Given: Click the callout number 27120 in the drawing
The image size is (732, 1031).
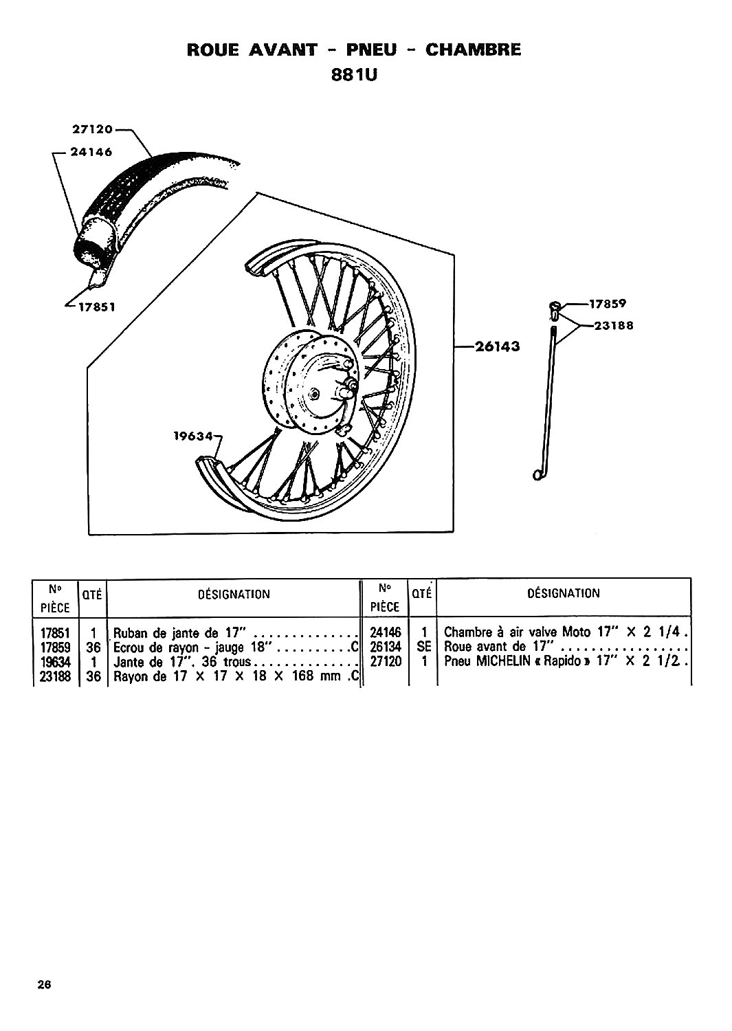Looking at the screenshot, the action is point(93,129).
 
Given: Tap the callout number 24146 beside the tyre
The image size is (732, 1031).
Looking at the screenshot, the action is point(91,153).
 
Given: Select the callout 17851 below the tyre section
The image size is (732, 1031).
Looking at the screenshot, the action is point(97,307).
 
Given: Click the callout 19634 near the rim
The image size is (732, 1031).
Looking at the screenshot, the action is point(194,435).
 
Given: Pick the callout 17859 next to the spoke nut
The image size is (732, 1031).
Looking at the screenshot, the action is point(608,304).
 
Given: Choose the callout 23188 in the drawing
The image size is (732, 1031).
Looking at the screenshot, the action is point(614,326).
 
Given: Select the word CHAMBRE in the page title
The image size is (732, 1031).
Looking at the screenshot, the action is point(474,49).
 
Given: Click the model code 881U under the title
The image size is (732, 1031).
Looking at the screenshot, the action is point(354,75).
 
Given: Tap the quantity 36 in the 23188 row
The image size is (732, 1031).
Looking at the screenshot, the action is point(93,676).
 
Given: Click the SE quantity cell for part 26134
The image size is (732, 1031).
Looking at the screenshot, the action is point(423,647).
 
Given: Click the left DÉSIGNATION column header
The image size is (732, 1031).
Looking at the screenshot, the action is point(234,595).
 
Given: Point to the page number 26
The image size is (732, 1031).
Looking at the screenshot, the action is point(45,984).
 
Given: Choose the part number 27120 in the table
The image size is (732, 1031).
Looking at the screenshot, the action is point(386,661).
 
